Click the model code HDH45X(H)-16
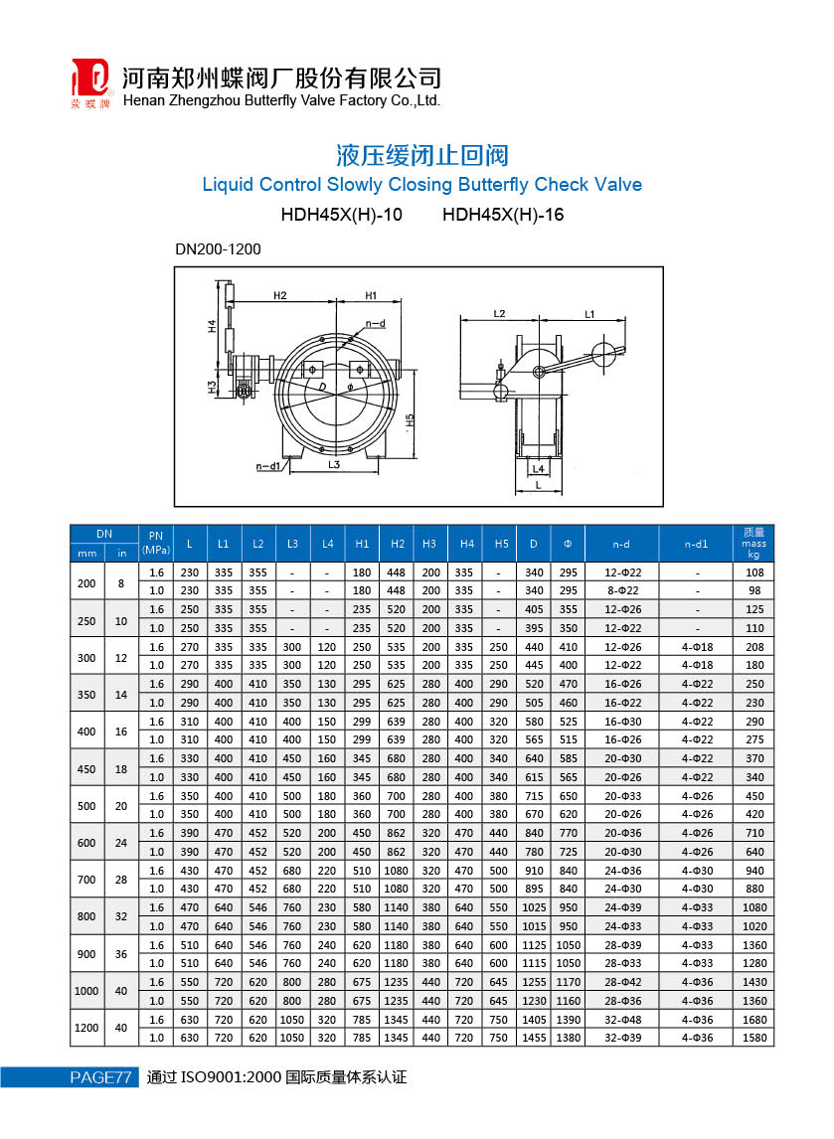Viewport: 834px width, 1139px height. [503, 214]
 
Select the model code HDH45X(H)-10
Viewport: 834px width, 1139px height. [342, 214]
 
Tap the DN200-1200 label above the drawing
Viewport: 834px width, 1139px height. [218, 249]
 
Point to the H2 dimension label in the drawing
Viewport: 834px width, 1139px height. [279, 295]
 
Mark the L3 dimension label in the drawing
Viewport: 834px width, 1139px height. [334, 464]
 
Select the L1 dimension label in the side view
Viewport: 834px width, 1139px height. [588, 314]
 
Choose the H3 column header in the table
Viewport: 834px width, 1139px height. [429, 543]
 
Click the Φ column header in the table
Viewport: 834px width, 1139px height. [568, 543]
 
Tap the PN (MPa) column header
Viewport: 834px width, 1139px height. [155, 543]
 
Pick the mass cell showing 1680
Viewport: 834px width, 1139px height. [753, 1020]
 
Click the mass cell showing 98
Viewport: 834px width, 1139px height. [753, 590]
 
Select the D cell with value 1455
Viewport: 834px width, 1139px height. [534, 1038]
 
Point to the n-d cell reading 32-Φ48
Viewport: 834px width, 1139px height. [622, 1020]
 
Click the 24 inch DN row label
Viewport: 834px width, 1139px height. [121, 842]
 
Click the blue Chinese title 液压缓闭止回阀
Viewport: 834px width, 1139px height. [422, 156]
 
